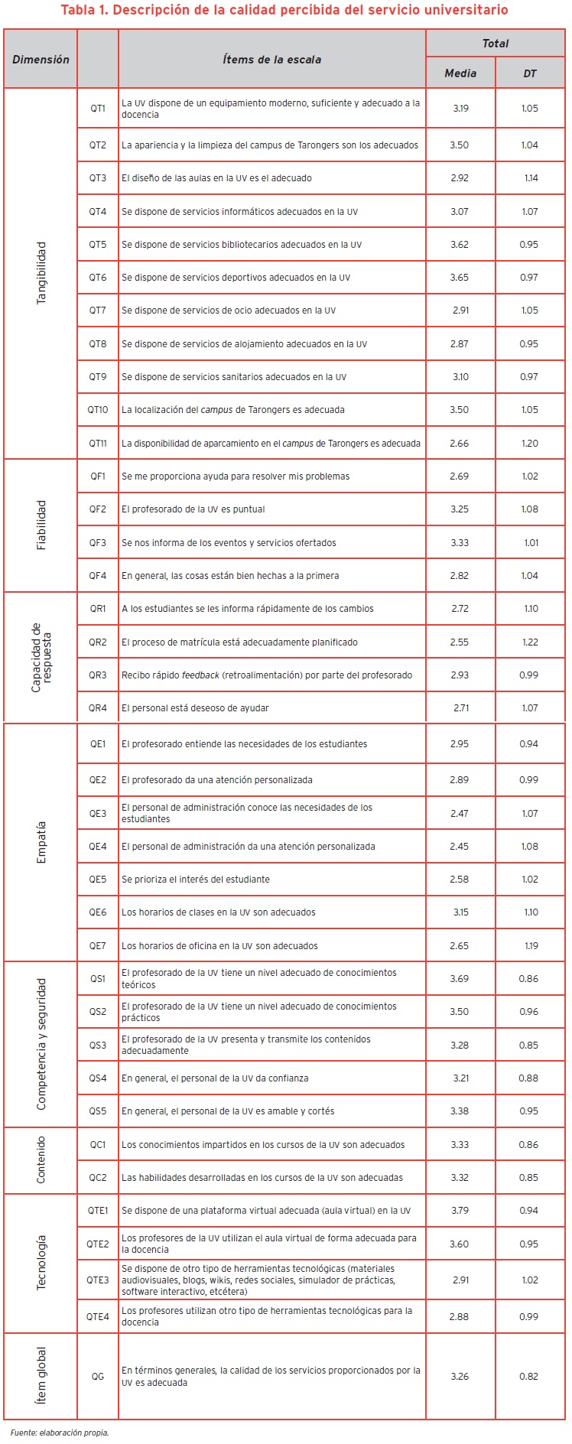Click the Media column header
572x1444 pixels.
pos(460,73)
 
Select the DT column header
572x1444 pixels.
pos(530,73)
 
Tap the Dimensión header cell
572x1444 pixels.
pos(41,59)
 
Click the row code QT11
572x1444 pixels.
pos(98,443)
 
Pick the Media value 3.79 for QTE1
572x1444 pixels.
pos(460,1210)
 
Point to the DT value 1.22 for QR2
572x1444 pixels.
pos(530,642)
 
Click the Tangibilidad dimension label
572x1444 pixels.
pos(41,273)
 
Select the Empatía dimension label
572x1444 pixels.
pos(41,842)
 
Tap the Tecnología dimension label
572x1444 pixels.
pos(41,1262)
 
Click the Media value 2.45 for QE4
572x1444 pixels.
pos(460,846)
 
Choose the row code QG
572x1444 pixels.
pos(98,1376)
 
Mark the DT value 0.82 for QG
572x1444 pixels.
pos(529,1376)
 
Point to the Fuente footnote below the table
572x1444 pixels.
pos(60,1433)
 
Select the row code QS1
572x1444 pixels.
pos(98,978)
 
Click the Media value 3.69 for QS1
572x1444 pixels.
pos(460,978)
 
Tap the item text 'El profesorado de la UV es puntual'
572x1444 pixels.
pos(193,509)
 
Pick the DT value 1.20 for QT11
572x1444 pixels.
pos(530,443)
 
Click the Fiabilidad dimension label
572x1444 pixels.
pos(41,525)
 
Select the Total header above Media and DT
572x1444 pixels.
pos(495,44)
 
